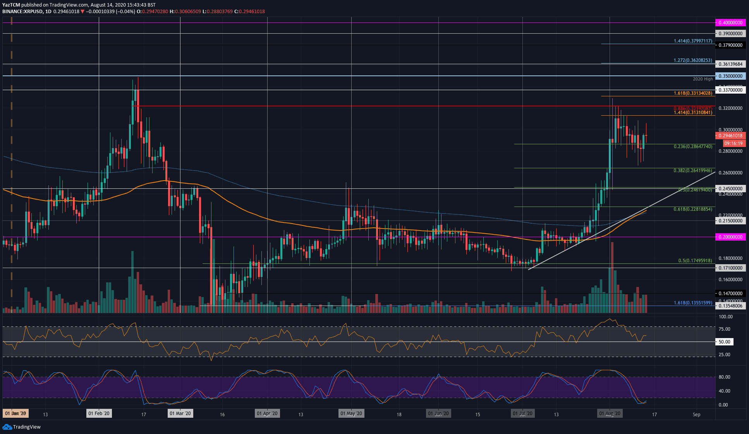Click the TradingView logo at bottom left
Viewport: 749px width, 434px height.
coord(22,427)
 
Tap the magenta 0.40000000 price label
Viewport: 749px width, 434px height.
coord(730,23)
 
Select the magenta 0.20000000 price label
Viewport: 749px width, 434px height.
coord(730,237)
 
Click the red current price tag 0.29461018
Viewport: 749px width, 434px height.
coord(730,136)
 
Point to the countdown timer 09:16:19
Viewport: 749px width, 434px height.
coord(733,144)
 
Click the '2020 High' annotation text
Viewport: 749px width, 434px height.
coord(703,79)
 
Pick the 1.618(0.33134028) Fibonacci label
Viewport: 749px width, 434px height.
coord(692,93)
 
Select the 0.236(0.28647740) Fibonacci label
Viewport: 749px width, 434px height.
coord(692,147)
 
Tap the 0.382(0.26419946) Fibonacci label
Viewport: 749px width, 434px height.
coord(692,171)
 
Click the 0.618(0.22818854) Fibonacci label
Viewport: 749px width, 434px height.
coord(692,209)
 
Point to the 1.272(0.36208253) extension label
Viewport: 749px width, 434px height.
coord(692,60)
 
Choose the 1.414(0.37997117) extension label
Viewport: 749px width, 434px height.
coord(692,41)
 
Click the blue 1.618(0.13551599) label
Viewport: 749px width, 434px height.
coord(692,303)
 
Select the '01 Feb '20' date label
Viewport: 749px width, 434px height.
coord(99,413)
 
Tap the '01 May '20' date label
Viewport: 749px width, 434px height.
coord(351,413)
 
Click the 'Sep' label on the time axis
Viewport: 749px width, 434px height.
coord(696,415)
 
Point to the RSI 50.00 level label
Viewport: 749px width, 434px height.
coord(724,342)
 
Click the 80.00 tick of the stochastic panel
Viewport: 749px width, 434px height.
coord(724,377)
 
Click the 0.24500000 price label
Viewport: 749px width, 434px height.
coord(730,189)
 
